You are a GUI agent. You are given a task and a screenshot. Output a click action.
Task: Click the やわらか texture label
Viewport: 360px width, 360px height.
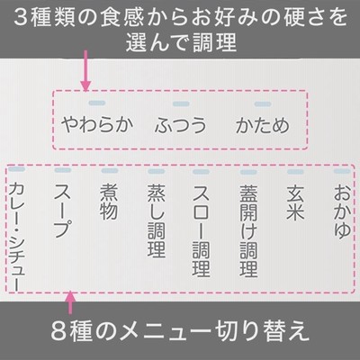[97, 124]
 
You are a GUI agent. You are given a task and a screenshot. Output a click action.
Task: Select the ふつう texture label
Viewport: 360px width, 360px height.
[181, 125]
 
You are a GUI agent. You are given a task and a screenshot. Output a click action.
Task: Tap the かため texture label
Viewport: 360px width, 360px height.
[263, 125]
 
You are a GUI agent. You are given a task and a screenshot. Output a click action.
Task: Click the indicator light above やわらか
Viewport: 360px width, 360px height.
[97, 103]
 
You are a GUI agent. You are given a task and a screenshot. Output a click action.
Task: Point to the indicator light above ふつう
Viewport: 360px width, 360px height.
[181, 103]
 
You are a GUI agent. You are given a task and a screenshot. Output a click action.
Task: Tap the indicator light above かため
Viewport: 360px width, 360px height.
[263, 104]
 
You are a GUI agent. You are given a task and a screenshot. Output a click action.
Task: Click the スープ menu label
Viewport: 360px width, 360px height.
[63, 211]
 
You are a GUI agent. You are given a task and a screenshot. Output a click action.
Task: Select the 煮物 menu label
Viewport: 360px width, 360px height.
[109, 202]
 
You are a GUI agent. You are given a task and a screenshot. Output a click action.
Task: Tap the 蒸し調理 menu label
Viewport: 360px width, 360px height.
[157, 220]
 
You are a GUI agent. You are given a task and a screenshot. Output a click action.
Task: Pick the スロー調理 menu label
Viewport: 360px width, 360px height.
[202, 230]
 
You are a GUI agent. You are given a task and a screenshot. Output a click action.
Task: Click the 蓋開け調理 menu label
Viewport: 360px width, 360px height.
[248, 230]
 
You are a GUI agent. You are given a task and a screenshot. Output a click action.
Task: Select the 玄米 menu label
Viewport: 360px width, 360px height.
[295, 202]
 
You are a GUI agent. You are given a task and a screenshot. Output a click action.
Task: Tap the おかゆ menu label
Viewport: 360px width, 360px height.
[342, 211]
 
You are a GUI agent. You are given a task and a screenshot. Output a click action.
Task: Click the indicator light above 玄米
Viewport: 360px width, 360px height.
[295, 172]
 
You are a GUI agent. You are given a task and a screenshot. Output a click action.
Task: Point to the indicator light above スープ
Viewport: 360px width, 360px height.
[63, 170]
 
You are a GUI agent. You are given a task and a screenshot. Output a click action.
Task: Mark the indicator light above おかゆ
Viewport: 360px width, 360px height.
[342, 171]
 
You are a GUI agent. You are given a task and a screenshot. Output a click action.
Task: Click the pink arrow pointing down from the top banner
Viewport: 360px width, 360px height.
[85, 71]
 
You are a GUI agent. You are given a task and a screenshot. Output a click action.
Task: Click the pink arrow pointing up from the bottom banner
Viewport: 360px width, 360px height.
[70, 302]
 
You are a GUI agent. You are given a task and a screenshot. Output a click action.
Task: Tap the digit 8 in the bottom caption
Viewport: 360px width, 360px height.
[57, 331]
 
